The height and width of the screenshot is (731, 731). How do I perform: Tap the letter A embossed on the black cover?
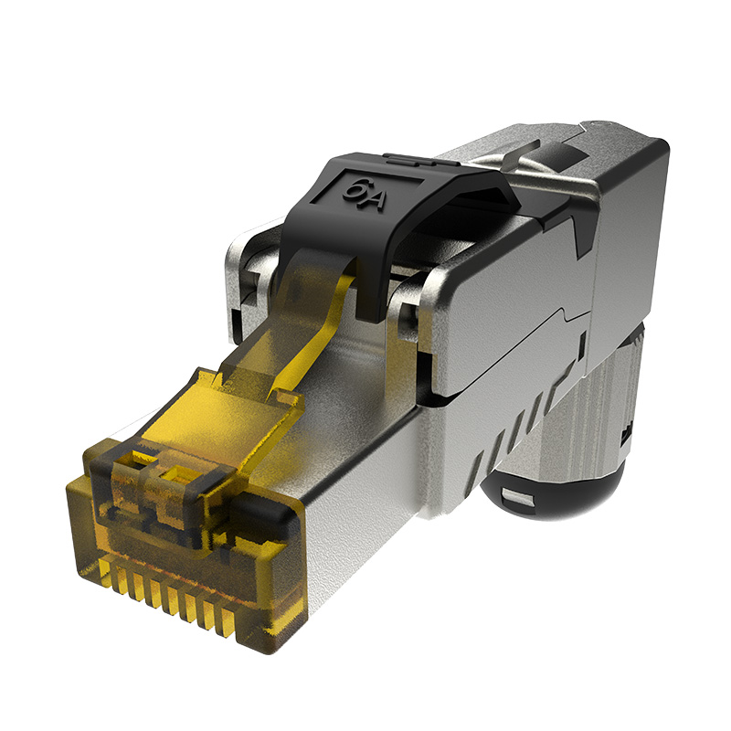point(374,199)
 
